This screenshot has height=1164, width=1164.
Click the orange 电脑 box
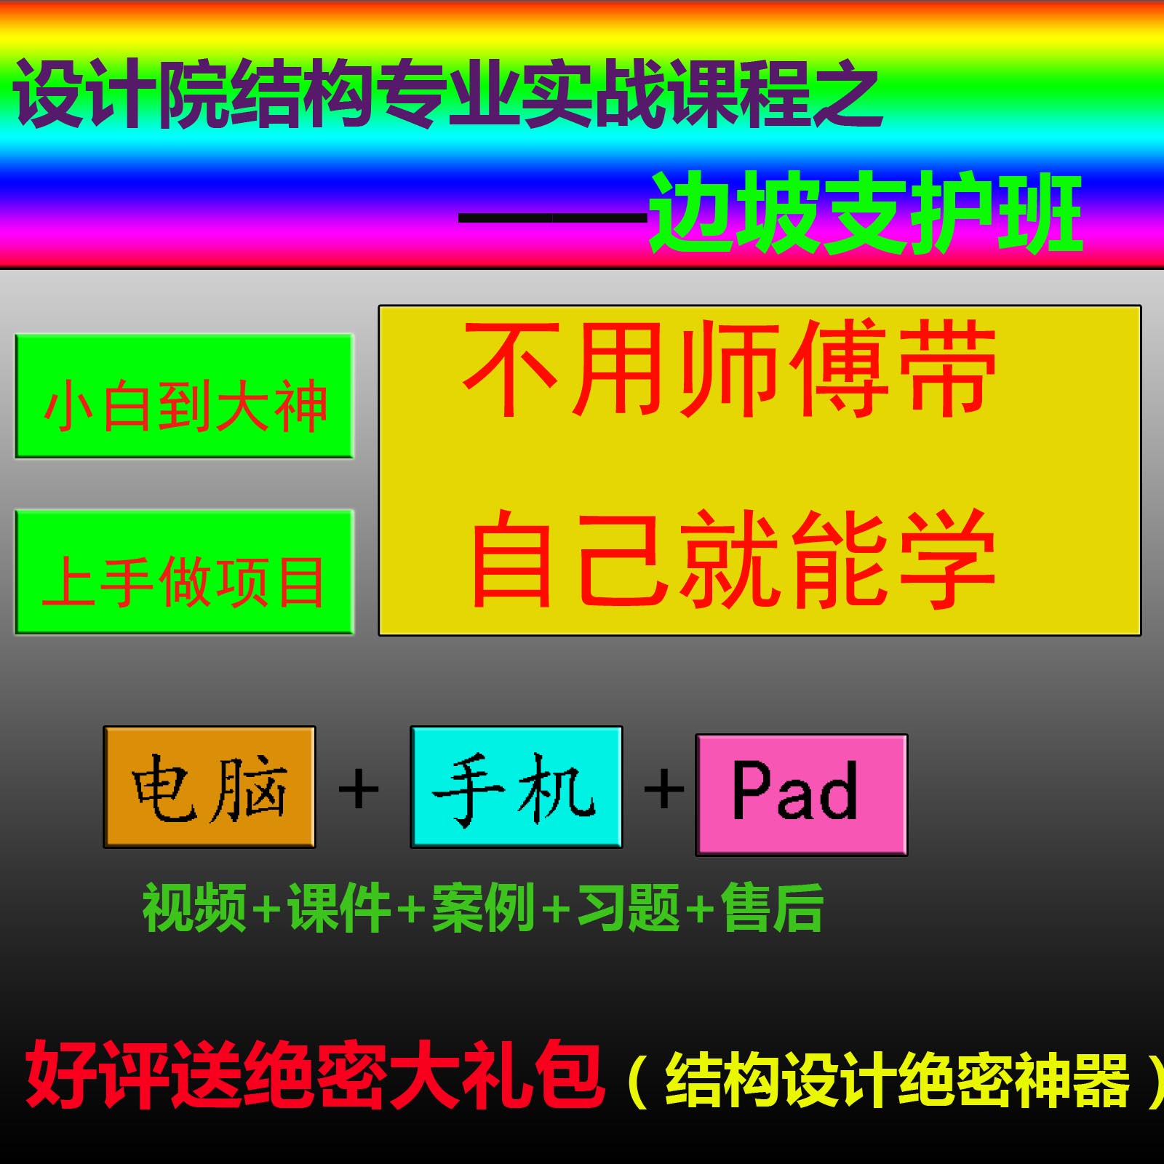click(x=210, y=787)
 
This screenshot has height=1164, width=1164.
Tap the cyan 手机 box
click(x=516, y=787)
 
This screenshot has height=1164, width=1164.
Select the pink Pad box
click(x=801, y=794)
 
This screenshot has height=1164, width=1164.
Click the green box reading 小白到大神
click(x=184, y=397)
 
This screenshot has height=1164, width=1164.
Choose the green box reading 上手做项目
click(x=184, y=573)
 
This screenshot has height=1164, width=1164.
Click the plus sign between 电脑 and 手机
click(x=359, y=789)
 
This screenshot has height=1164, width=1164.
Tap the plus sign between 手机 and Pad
click(x=663, y=789)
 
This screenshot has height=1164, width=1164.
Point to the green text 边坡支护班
click(x=866, y=212)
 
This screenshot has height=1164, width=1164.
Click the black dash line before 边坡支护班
click(x=553, y=218)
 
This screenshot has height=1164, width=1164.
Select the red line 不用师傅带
click(x=730, y=370)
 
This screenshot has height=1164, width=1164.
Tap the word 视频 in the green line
click(x=194, y=907)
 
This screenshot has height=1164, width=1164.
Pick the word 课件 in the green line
click(x=340, y=907)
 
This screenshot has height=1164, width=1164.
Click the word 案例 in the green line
click(x=484, y=907)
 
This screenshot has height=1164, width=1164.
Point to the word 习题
click(x=628, y=907)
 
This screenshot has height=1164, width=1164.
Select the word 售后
click(x=772, y=907)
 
